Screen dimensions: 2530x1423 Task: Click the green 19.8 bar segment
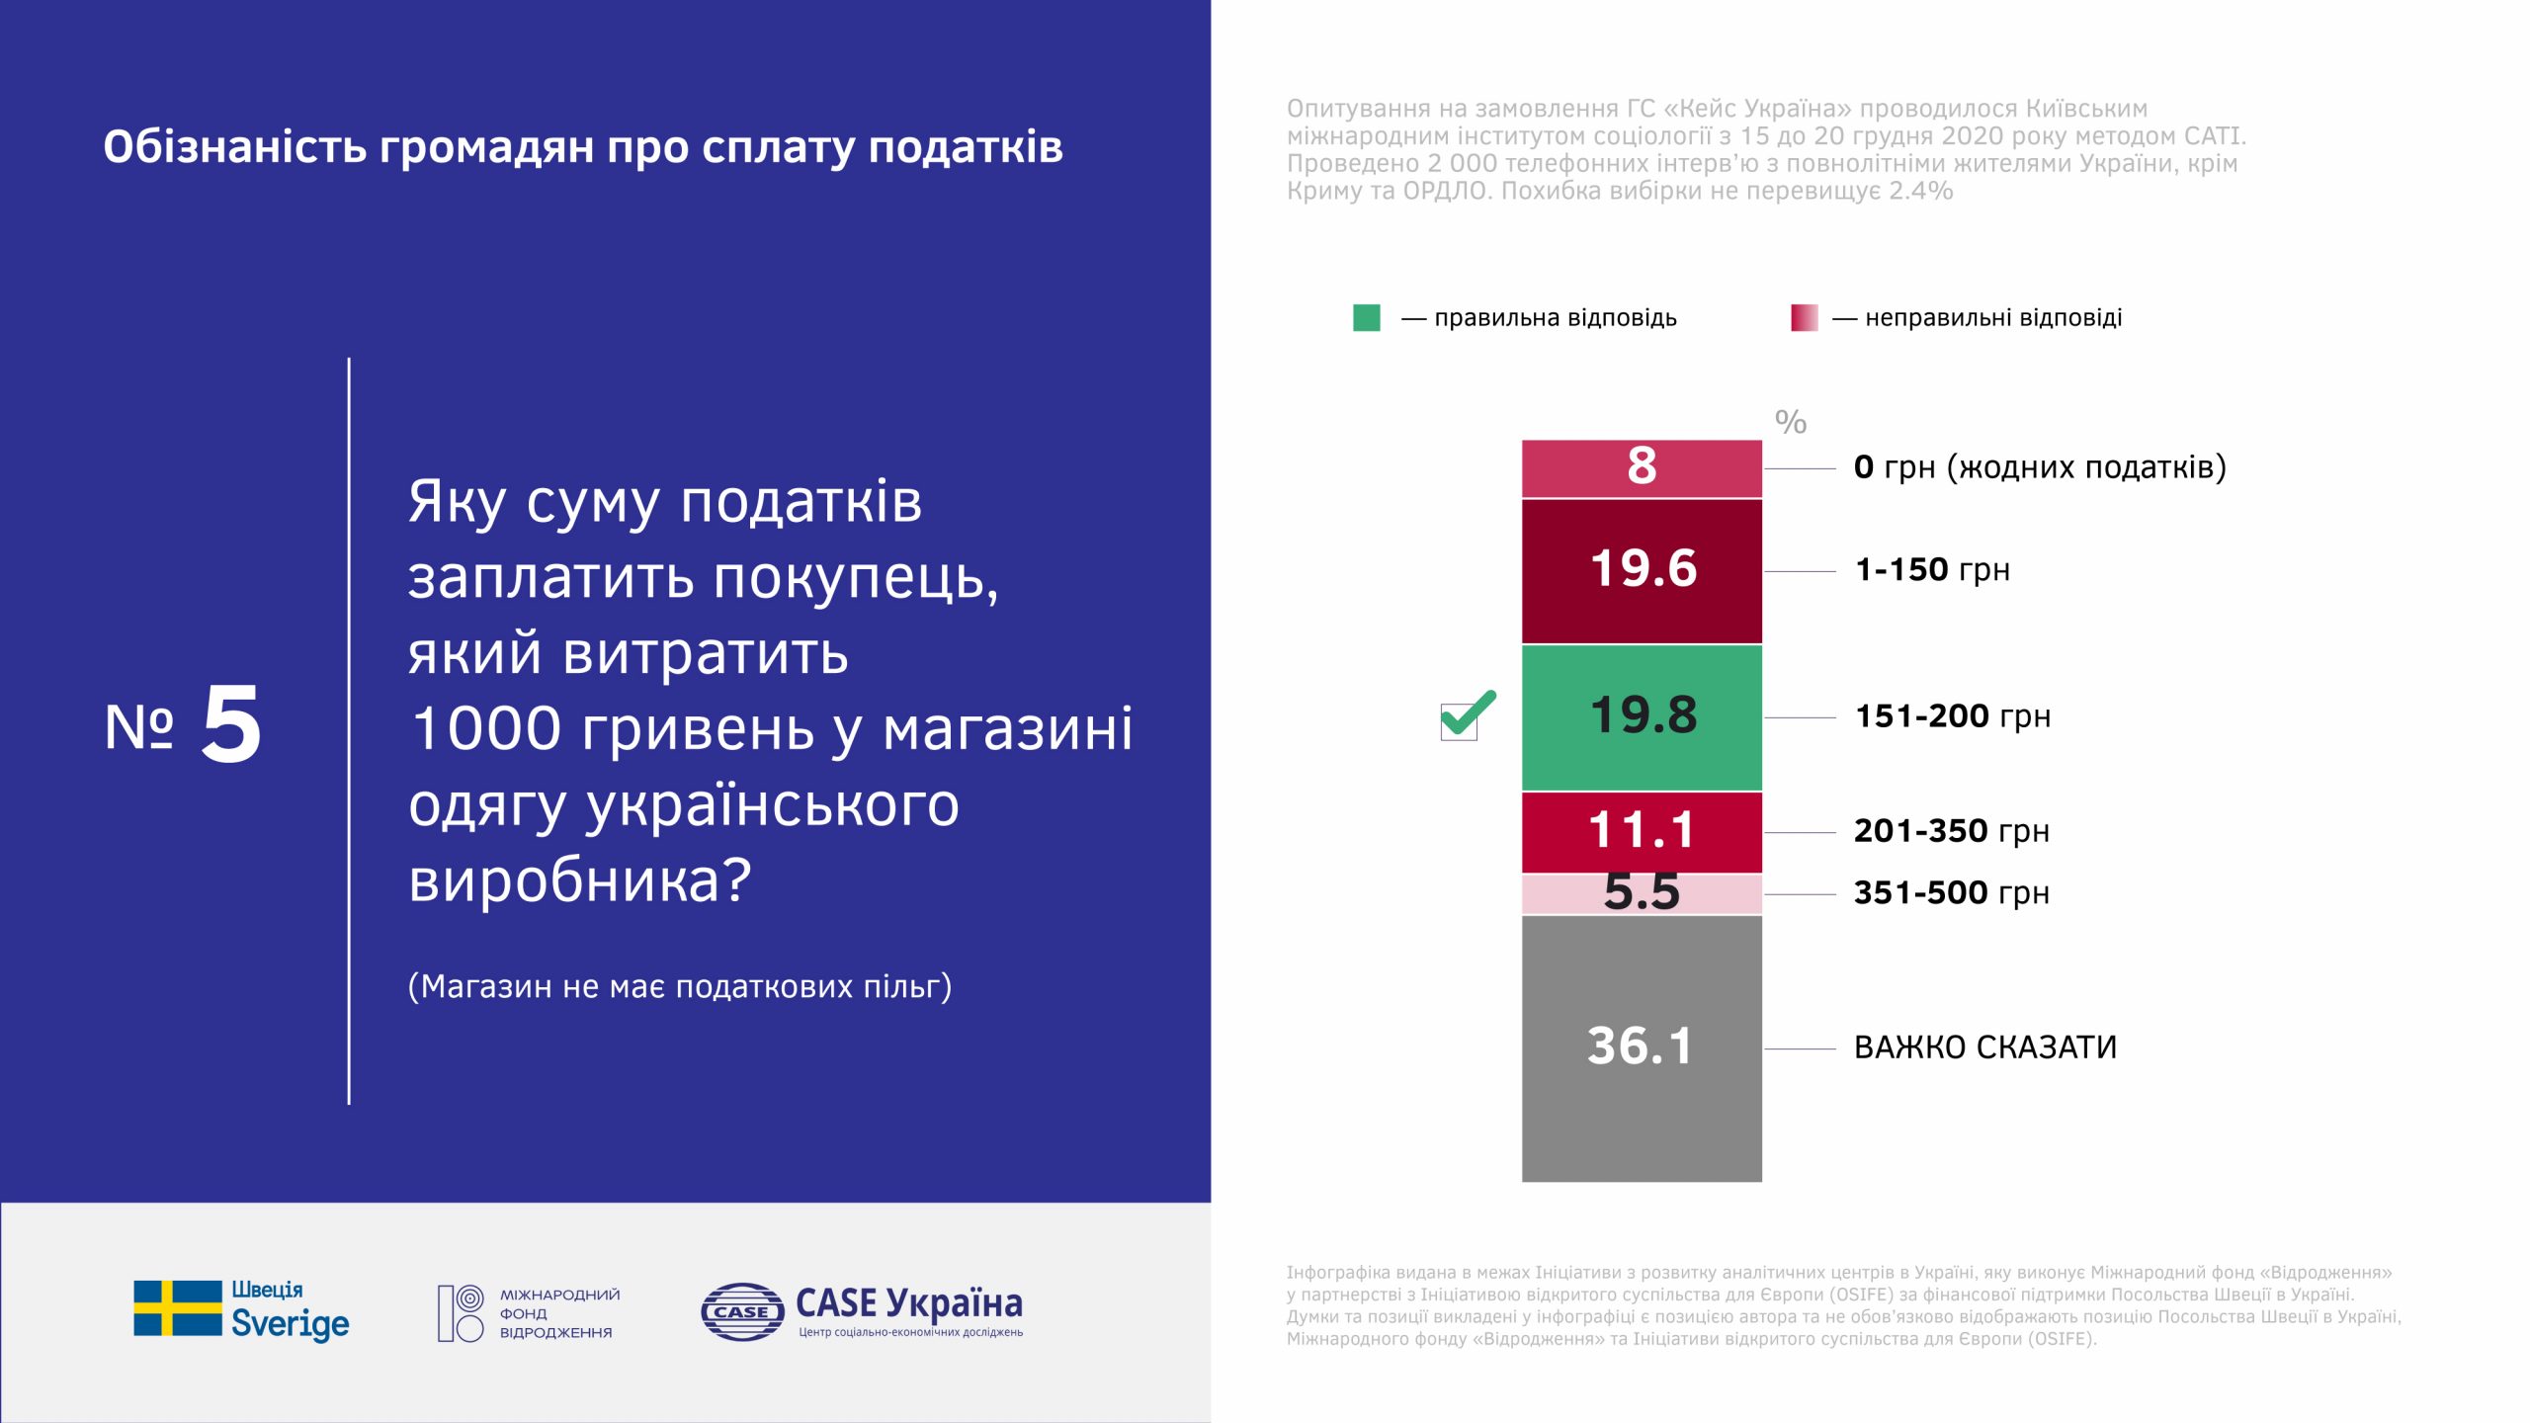[1642, 717]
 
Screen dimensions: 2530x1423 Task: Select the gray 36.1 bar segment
[1642, 1048]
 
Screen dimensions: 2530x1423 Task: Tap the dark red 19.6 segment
[1642, 571]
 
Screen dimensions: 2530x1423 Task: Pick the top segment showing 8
[1642, 468]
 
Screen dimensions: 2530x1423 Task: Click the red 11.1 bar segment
[1642, 832]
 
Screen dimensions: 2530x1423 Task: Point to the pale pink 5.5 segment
[1642, 894]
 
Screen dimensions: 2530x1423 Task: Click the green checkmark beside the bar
[1468, 715]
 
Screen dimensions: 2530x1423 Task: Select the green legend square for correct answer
[1367, 317]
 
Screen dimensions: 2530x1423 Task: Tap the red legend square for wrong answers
[1805, 317]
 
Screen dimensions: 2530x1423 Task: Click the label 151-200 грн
[1953, 716]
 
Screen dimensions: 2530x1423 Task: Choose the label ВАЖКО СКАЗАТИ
[1985, 1047]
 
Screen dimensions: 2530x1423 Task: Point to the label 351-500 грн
[1952, 893]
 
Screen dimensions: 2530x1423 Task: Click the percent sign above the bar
[1791, 422]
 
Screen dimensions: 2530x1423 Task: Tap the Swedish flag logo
[178, 1308]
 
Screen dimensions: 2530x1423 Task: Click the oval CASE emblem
[742, 1311]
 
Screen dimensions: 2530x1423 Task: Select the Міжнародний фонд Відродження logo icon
[461, 1313]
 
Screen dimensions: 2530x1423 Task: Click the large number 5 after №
[232, 724]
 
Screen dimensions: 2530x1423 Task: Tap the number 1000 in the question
[487, 729]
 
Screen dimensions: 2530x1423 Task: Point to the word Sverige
[291, 1323]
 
